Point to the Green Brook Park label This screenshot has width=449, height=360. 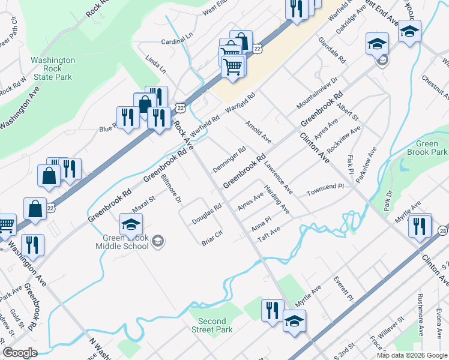(427, 148)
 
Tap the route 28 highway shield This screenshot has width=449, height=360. (442, 230)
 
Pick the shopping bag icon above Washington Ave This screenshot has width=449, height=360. (35, 208)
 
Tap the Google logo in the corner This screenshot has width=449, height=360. (20, 353)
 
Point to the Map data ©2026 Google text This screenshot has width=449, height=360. (411, 355)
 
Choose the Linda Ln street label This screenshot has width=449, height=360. (155, 65)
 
